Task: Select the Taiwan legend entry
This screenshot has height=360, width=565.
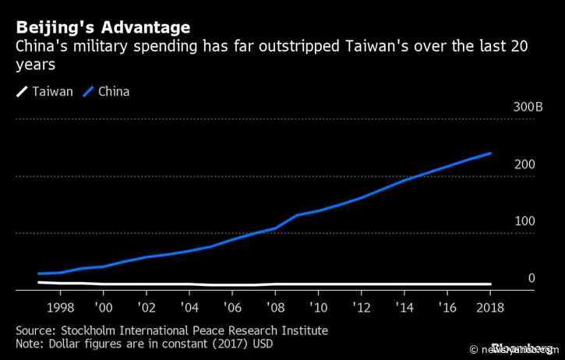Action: (x=52, y=92)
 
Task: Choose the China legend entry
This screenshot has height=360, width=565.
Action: (x=114, y=92)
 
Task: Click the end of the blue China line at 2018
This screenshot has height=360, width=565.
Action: (x=490, y=154)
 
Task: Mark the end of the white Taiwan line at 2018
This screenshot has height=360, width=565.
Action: (x=490, y=284)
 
